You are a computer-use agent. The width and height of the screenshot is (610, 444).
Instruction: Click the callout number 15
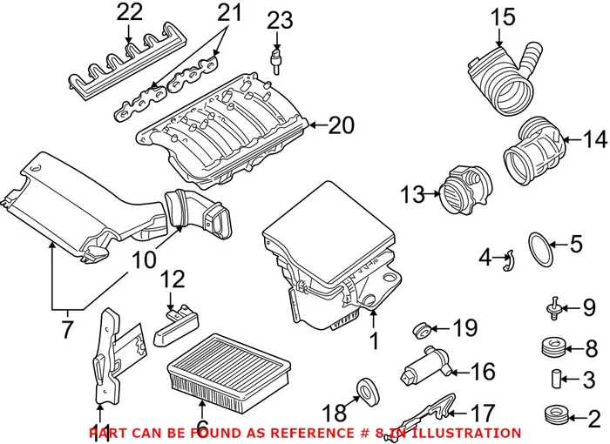click(501, 17)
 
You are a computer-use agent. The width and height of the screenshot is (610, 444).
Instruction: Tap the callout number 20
click(342, 126)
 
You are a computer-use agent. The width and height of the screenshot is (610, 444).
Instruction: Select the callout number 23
click(281, 19)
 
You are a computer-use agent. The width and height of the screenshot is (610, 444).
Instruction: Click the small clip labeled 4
click(512, 257)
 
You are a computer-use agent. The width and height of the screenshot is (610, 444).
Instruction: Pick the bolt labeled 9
click(552, 306)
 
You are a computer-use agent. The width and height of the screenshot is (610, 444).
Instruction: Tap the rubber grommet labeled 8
click(552, 346)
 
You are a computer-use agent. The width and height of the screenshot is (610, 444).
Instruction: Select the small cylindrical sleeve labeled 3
click(552, 380)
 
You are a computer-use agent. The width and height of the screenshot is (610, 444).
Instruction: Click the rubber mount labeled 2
click(551, 414)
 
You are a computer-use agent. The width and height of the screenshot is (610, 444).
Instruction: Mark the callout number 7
click(65, 330)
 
